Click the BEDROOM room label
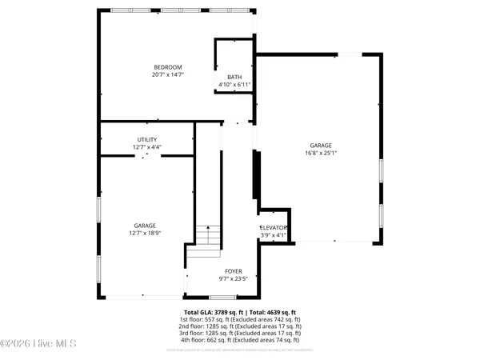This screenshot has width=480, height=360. (168, 66)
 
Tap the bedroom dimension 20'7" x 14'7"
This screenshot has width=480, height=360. (168, 74)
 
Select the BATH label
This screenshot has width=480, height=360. (234, 76)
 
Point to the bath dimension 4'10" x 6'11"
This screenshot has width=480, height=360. (234, 84)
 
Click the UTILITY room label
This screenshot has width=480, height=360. (146, 139)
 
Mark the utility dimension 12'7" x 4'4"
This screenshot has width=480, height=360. (146, 147)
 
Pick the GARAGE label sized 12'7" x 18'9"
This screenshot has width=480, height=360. (145, 226)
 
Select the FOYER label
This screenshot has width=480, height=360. (234, 271)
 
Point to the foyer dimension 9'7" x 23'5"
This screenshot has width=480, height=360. (234, 279)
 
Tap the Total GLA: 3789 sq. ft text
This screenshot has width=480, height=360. (211, 311)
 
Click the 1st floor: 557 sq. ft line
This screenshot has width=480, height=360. (240, 319)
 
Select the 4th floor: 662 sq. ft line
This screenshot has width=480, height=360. (240, 341)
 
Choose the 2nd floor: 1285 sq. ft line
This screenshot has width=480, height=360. (240, 326)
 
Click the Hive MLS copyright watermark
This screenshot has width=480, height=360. (38, 344)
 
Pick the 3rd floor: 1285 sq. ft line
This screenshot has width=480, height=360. (240, 334)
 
